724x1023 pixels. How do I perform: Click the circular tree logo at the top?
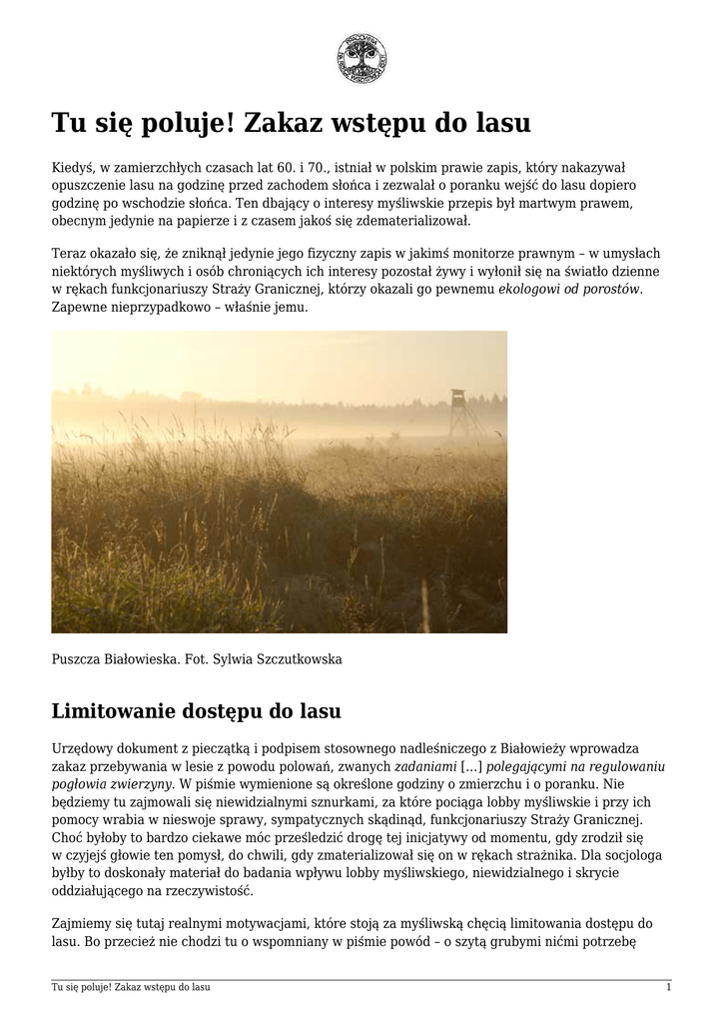tap(362, 58)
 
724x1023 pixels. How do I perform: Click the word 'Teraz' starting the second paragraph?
tap(70, 254)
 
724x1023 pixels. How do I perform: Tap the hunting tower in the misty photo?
tap(458, 412)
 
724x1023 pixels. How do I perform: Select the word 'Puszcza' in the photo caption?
tap(76, 659)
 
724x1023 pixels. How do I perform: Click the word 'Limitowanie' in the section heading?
tap(114, 712)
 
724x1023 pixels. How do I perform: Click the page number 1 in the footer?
tap(668, 988)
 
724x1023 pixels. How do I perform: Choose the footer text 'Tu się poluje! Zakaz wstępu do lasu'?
tap(131, 988)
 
